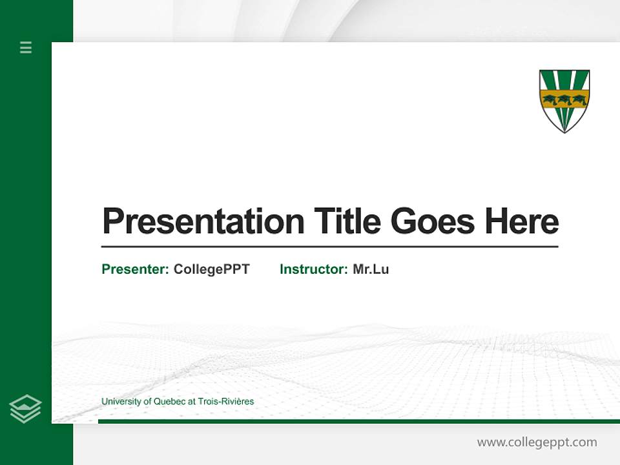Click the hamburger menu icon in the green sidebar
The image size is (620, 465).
click(26, 47)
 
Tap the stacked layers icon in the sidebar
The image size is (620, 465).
click(25, 409)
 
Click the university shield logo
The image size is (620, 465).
click(564, 100)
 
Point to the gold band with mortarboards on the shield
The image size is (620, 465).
click(564, 99)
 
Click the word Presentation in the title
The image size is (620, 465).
click(203, 222)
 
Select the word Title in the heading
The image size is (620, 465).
click(347, 222)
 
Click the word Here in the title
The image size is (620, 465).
click(522, 222)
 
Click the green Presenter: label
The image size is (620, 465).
click(135, 269)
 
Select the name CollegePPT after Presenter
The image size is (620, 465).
click(211, 269)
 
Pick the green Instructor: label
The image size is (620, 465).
click(313, 269)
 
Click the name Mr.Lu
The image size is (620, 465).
click(371, 269)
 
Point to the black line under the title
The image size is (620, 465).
click(329, 247)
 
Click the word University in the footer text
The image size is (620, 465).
click(121, 402)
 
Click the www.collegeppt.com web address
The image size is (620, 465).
click(537, 442)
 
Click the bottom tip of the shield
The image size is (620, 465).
click(564, 131)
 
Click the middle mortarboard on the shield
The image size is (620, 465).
click(564, 99)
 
